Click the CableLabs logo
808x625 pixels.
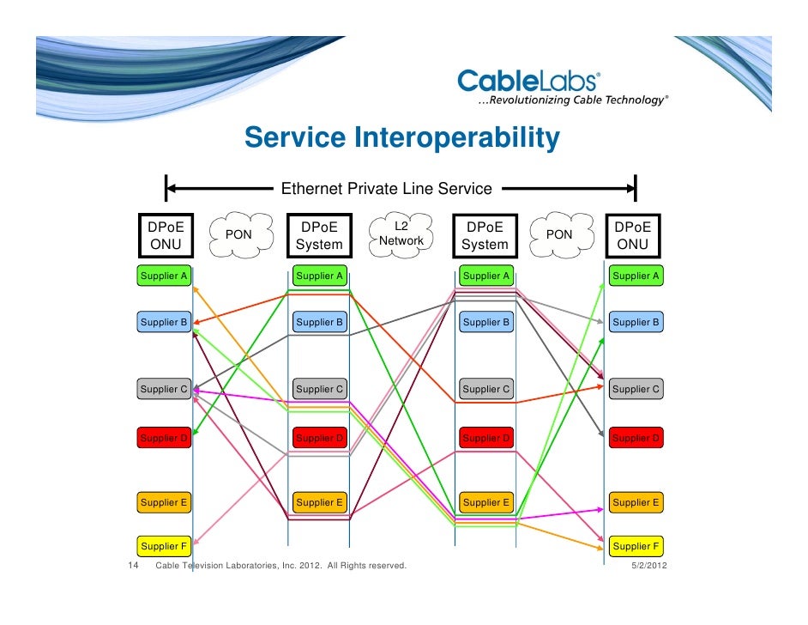pyautogui.click(x=529, y=82)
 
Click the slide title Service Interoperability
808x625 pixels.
pyautogui.click(x=401, y=137)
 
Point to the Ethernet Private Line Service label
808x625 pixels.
pyautogui.click(x=387, y=189)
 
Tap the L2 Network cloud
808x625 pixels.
pyautogui.click(x=401, y=234)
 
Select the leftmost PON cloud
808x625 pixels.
pyautogui.click(x=238, y=234)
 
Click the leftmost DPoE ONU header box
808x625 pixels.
pyautogui.click(x=166, y=236)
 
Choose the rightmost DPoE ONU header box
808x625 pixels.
pyautogui.click(x=633, y=236)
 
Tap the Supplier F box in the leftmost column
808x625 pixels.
pyautogui.click(x=163, y=546)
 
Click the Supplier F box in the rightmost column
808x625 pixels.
pyautogui.click(x=636, y=546)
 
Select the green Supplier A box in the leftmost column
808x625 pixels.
pyautogui.click(x=163, y=276)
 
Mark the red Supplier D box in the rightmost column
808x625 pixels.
pyautogui.click(x=636, y=439)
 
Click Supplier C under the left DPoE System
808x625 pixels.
pyautogui.click(x=319, y=389)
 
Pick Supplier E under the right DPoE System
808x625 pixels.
pyautogui.click(x=486, y=502)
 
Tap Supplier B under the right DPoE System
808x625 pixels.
pyautogui.click(x=486, y=323)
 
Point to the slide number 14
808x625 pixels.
pyautogui.click(x=134, y=566)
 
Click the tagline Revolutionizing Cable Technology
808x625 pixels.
pyautogui.click(x=571, y=100)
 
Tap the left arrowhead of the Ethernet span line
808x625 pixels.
pyautogui.click(x=172, y=188)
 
